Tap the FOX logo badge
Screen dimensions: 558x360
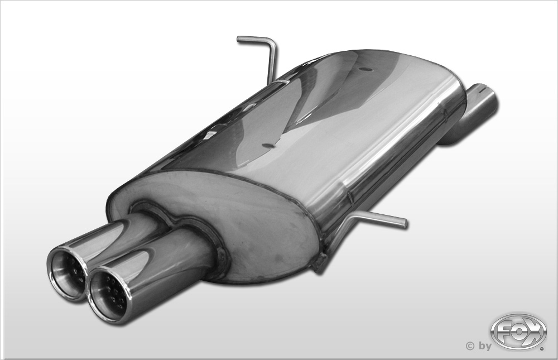[x=518, y=332]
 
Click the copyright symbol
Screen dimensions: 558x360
[x=469, y=345]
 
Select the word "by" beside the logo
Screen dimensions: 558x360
[x=484, y=346]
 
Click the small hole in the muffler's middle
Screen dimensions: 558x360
[x=267, y=146]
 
